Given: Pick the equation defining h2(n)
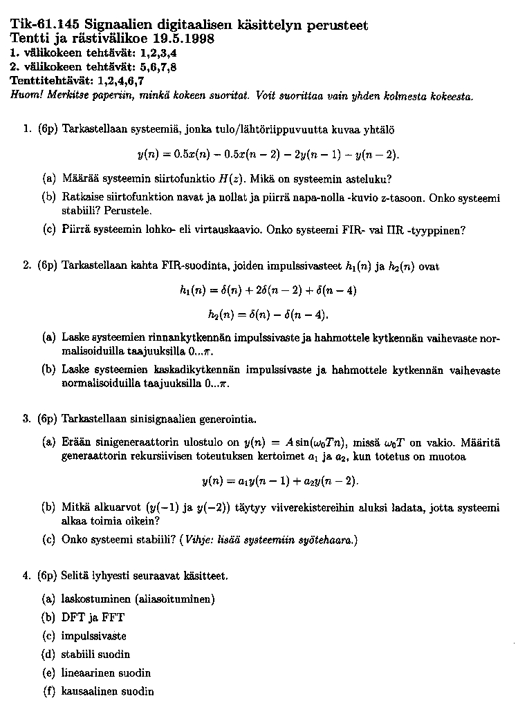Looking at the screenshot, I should coord(268,314).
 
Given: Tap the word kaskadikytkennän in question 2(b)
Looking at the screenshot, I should coord(205,370).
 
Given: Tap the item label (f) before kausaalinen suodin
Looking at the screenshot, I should coord(48,691).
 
